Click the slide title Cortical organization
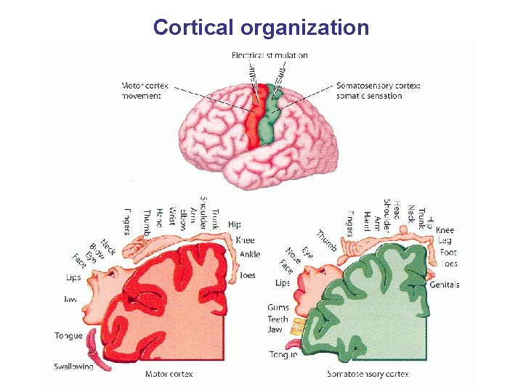coord(261,28)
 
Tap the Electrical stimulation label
coord(269,55)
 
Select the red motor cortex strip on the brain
coord(254,120)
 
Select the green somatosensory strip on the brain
coord(273,116)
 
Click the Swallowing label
coord(73,367)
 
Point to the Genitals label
coord(444,285)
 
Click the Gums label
coord(278,308)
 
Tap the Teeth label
coord(278,319)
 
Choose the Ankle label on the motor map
coord(249,254)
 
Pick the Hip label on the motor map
coord(235,225)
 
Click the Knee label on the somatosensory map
coord(445,230)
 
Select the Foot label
coord(447,253)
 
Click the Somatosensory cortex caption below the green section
coord(368,375)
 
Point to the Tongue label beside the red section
coord(68,336)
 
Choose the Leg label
coord(445,240)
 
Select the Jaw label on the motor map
coord(71,298)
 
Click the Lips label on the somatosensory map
coord(283,282)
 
